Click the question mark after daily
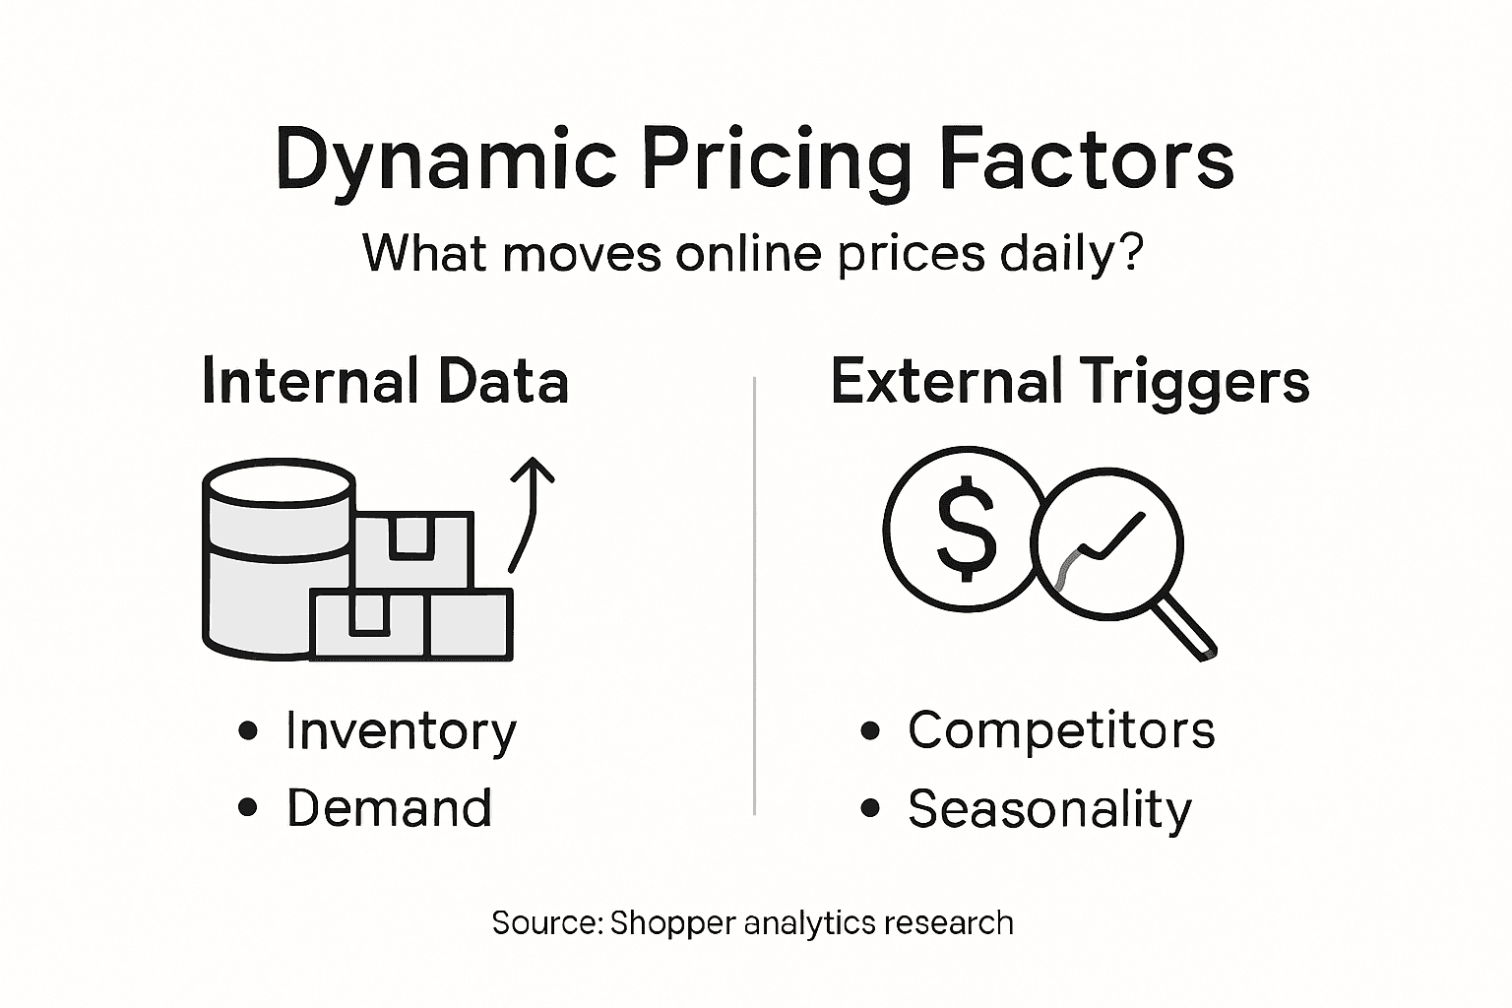1131,253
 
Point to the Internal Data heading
385,382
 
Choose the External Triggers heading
1070,382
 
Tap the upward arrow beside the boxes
530,512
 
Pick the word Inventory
401,731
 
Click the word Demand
389,808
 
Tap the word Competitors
1061,730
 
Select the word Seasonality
1049,809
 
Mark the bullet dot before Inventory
248,731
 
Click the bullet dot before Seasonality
870,809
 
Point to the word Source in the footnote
544,923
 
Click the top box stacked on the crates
412,549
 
